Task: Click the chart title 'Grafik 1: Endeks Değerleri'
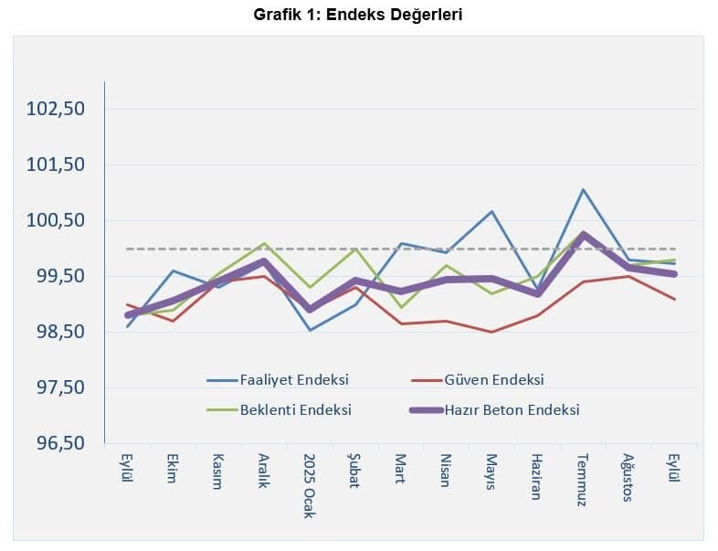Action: [358, 16]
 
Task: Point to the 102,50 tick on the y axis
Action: [56, 109]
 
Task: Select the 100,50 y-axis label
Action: [56, 220]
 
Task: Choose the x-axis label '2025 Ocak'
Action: [310, 485]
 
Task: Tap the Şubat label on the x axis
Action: [355, 471]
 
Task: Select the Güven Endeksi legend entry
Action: [493, 379]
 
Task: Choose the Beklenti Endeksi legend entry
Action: [295, 410]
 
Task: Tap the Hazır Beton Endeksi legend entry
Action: [512, 410]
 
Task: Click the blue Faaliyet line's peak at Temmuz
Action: [583, 190]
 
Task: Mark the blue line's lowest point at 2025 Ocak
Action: [310, 330]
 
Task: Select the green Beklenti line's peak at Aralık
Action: [264, 244]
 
